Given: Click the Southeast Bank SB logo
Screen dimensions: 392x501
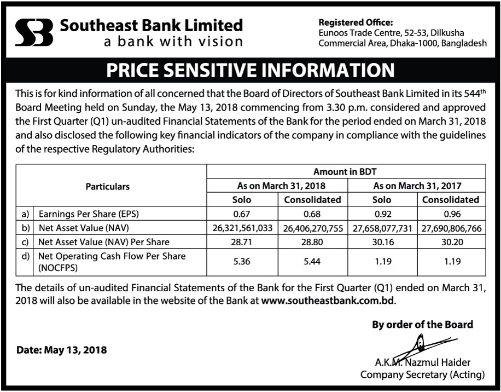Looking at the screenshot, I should point(34,32).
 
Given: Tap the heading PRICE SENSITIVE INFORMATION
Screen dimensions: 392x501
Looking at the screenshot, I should point(250,71).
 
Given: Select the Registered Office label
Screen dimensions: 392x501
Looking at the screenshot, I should point(356,22).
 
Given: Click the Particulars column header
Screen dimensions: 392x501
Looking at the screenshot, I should point(108,186).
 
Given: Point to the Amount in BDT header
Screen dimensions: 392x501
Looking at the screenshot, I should point(345,172).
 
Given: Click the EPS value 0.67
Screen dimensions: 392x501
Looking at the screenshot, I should point(242,214).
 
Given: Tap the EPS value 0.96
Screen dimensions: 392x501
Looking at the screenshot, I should point(451,214).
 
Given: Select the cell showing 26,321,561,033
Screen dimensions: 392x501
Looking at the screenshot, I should point(242,228).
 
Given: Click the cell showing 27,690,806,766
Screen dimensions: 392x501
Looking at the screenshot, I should point(451,228).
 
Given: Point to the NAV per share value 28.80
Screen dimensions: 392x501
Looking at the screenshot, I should point(312,241).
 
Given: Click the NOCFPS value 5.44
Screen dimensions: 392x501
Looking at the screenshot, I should point(312,262).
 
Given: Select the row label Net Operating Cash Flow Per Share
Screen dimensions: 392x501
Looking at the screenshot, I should point(111,256).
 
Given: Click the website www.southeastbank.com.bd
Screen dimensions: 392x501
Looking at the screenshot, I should point(328,301).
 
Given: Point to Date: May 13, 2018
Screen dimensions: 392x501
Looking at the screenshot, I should point(61,350).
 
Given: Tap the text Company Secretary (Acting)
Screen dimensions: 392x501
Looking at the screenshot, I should point(422,375).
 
